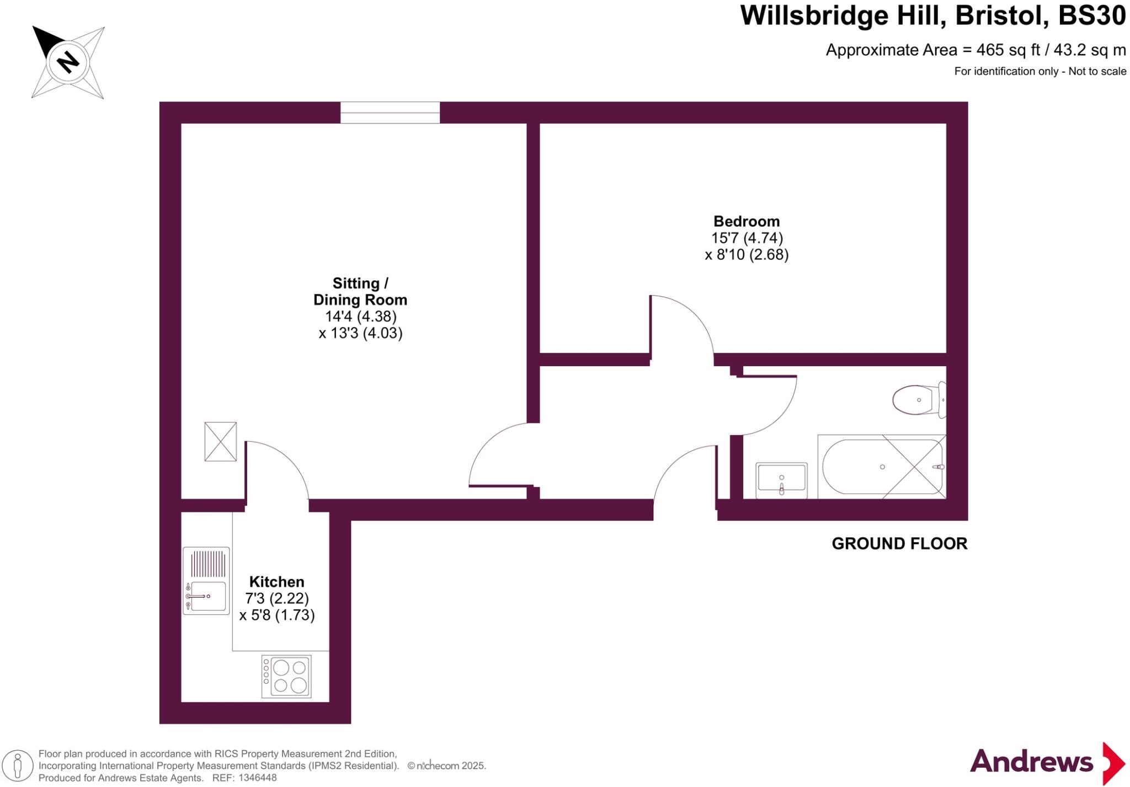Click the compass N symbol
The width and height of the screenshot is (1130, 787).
[68, 61]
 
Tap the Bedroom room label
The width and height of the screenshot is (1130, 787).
[747, 222]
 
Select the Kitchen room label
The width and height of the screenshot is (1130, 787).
[276, 582]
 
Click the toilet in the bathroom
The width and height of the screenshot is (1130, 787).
[917, 400]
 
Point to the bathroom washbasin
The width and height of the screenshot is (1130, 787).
[781, 479]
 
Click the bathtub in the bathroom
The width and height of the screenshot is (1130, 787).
[882, 467]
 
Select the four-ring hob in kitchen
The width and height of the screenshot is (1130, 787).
[286, 676]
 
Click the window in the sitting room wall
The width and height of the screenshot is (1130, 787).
[390, 113]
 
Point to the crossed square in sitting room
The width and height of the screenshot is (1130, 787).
[220, 441]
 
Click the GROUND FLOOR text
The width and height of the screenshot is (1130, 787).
[899, 544]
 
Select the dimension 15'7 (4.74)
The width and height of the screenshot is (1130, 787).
[747, 238]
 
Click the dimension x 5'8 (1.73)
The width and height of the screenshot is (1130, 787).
[276, 615]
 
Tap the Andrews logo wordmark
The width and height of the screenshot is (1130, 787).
[1031, 762]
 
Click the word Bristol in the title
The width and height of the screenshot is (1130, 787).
[1001, 15]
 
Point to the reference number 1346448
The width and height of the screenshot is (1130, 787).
[256, 778]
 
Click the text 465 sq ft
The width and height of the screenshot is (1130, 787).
[1008, 50]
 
